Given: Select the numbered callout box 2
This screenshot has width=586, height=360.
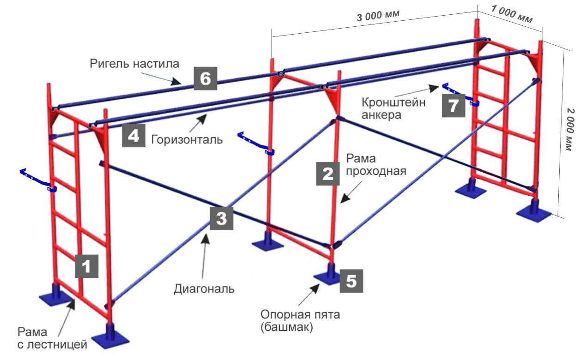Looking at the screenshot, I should [327, 174].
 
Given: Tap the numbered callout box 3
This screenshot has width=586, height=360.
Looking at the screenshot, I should [222, 218].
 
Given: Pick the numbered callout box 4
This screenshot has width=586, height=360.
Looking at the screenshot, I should [133, 136].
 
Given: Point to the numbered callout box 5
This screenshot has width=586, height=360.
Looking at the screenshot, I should [351, 281].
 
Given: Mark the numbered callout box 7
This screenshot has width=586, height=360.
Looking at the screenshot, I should [453, 106].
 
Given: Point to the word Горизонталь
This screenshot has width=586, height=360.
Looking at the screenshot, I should [187, 139].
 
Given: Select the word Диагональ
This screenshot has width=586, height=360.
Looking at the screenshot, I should [204, 289].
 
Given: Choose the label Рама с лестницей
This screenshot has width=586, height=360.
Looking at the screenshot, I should [52, 338].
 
